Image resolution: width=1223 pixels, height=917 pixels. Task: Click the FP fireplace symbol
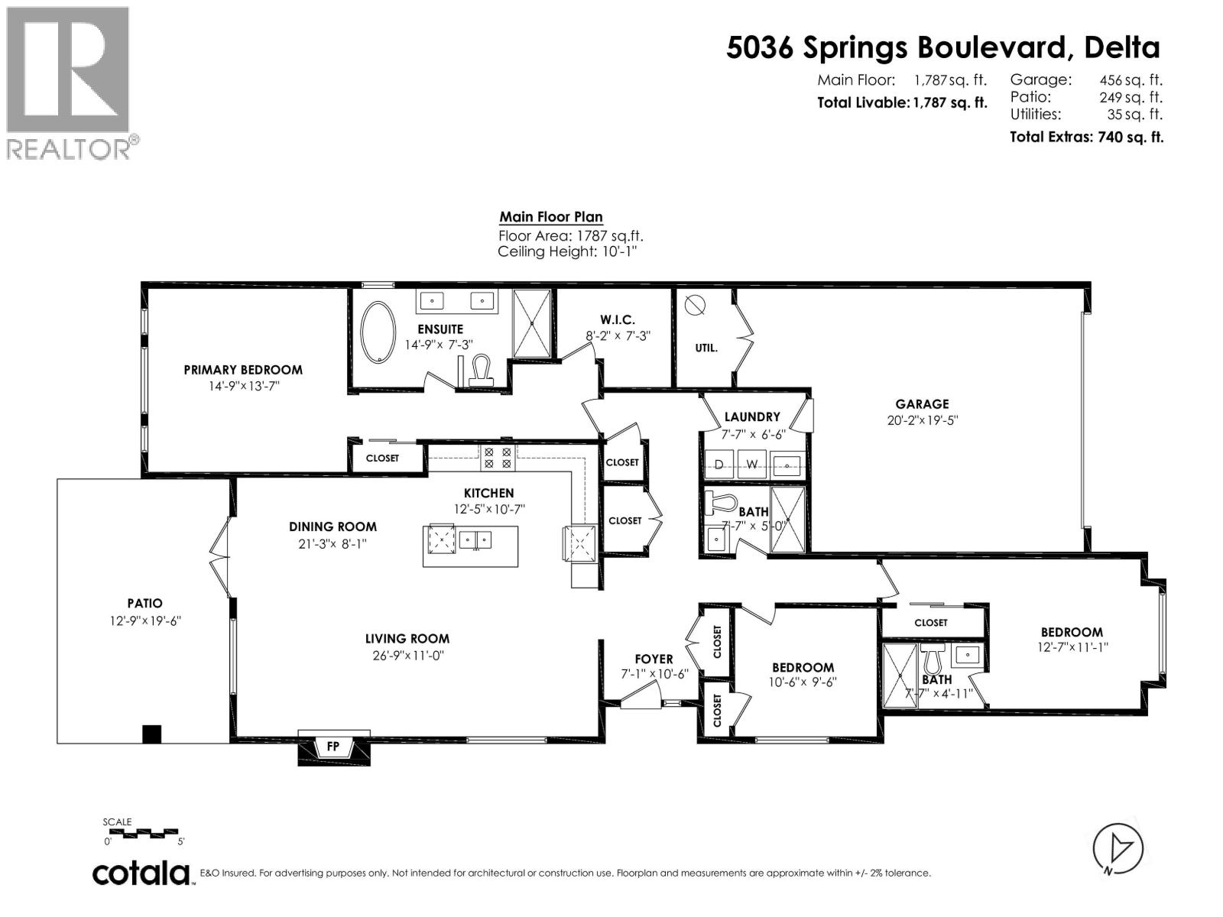pyautogui.click(x=333, y=747)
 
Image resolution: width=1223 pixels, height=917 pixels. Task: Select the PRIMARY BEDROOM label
pyautogui.click(x=243, y=370)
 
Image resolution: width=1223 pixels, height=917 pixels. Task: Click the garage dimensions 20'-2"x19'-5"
pyautogui.click(x=922, y=420)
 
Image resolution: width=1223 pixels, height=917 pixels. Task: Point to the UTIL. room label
pyautogui.click(x=706, y=348)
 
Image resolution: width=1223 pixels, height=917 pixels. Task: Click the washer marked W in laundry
pyautogui.click(x=751, y=464)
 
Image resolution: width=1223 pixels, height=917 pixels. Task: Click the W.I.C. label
pyautogui.click(x=617, y=320)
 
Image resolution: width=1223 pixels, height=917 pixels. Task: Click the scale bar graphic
pyautogui.click(x=143, y=831)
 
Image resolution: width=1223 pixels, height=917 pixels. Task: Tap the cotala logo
pyautogui.click(x=141, y=873)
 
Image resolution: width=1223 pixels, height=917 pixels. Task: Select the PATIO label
pyautogui.click(x=145, y=604)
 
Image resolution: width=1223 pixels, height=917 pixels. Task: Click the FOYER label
pyautogui.click(x=654, y=659)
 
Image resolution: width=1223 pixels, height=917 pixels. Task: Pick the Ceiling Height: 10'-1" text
pyautogui.click(x=566, y=252)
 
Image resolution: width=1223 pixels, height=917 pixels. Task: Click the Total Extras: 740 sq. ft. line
pyautogui.click(x=1086, y=138)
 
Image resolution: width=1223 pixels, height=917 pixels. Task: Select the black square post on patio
pyautogui.click(x=152, y=734)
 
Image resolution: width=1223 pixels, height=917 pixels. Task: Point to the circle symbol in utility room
pyautogui.click(x=695, y=305)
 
